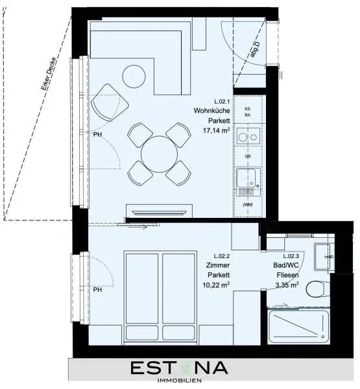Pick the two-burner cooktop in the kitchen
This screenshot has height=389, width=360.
[x=247, y=137]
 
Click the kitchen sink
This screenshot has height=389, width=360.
[x=247, y=181]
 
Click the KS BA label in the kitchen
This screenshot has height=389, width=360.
[x=247, y=112]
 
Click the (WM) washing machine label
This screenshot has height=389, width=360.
[x=247, y=205]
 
